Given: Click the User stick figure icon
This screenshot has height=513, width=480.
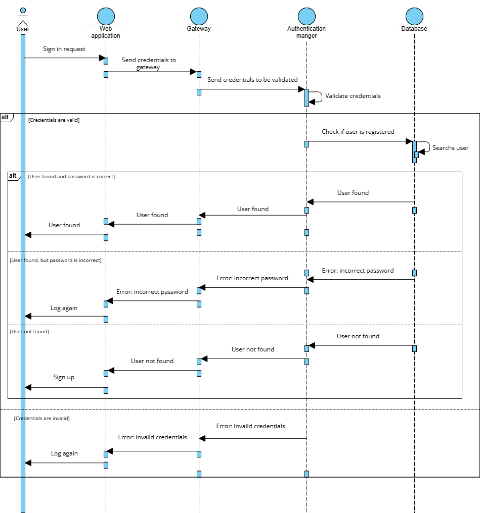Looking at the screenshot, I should (x=22, y=16).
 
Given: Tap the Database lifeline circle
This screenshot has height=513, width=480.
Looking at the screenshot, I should (x=414, y=16).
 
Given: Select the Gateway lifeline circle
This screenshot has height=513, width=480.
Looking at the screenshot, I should (x=199, y=16).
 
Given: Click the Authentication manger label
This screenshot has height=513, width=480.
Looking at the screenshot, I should (x=307, y=32).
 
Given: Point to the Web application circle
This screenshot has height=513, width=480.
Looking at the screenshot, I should (x=106, y=16).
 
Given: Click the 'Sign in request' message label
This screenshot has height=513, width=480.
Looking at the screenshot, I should (x=64, y=49).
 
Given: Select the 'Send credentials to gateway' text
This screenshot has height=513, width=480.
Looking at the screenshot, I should (x=149, y=64).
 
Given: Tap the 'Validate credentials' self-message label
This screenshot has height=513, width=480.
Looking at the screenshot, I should (x=353, y=96).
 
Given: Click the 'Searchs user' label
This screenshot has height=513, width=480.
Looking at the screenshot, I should (x=450, y=148).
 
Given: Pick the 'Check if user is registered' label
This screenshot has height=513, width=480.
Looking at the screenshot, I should (x=358, y=132).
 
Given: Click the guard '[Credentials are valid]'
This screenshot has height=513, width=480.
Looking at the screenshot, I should (x=54, y=120).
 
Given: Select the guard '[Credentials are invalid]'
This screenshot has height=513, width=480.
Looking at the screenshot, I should (x=41, y=419).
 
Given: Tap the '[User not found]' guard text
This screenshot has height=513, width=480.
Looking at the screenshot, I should (x=29, y=332).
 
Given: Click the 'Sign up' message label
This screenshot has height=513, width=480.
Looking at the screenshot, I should (x=64, y=377).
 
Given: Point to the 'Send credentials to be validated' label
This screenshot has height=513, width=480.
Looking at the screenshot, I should (x=252, y=80).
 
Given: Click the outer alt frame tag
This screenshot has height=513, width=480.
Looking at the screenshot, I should (x=6, y=117).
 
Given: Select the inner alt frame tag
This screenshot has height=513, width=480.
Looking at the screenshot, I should (x=13, y=176).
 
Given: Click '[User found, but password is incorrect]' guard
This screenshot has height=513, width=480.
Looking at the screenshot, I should (x=56, y=261).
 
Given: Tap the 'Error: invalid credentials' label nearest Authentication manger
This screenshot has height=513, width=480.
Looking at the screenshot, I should (x=250, y=426).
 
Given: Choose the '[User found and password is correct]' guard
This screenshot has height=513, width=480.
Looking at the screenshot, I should (x=71, y=177).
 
